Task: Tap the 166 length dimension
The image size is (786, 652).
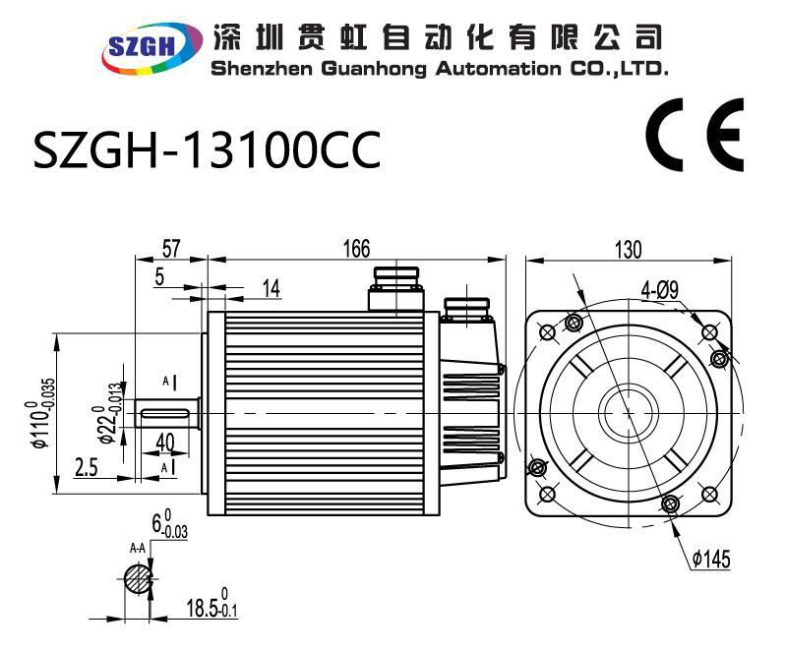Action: point(356,249)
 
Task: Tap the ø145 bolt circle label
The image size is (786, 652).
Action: point(710,560)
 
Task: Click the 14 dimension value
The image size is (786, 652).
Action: point(271,287)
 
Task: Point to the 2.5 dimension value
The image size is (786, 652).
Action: point(86,467)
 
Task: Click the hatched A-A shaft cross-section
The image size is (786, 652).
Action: point(139,578)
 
